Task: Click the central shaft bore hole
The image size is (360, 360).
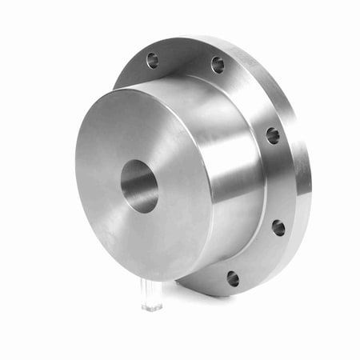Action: [139, 186]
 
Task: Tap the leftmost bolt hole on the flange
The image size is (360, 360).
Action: [152, 59]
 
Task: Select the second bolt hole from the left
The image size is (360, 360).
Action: [218, 64]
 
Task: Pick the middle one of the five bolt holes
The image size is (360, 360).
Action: [272, 135]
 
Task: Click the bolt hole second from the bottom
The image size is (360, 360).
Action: [278, 227]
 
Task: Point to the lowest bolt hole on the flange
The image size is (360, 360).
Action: [233, 278]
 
